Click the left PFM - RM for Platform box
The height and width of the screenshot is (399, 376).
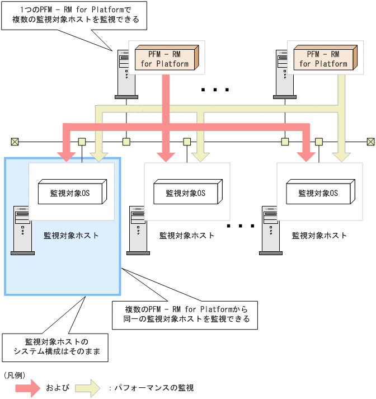click(x=164, y=59)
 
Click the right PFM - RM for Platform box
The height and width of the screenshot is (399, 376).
click(x=323, y=59)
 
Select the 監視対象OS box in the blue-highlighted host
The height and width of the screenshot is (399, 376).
click(x=70, y=193)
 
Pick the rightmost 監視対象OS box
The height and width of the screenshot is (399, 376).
click(x=318, y=193)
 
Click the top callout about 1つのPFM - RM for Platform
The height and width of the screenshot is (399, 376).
click(x=76, y=16)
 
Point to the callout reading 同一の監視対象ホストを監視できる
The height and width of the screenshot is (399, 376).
click(x=184, y=314)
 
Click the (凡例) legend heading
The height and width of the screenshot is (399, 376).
click(x=15, y=374)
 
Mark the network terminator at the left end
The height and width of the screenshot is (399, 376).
click(x=15, y=141)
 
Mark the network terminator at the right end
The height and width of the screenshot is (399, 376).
click(x=370, y=141)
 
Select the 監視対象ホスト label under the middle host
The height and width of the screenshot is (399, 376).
click(x=187, y=236)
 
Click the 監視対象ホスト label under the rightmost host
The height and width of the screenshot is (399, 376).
click(x=319, y=236)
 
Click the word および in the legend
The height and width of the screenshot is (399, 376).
click(x=58, y=387)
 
